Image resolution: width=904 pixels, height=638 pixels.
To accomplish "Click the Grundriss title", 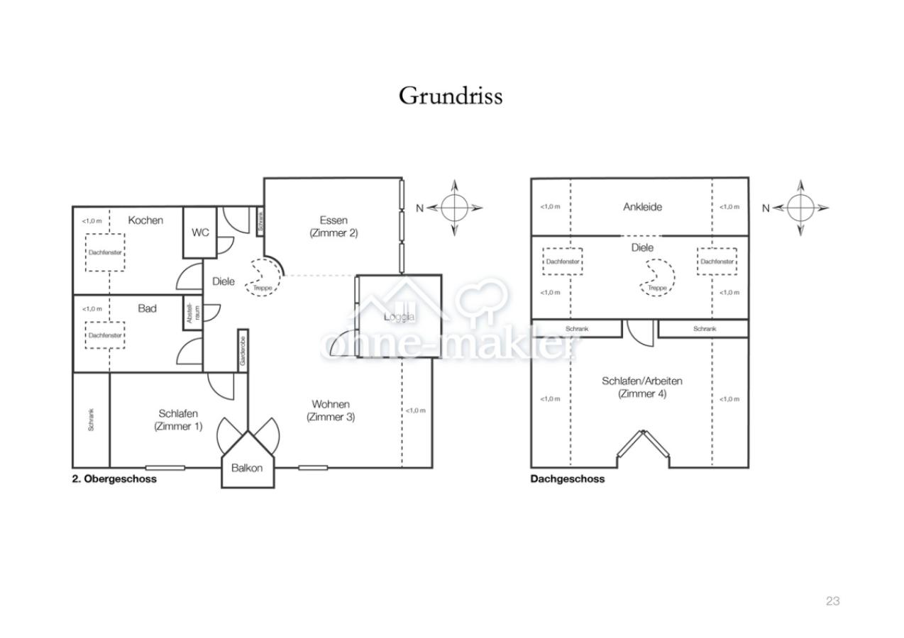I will click(x=451, y=96).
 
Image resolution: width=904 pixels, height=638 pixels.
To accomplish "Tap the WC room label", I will click(x=201, y=233).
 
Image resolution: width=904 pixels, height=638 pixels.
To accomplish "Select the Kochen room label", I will click(x=145, y=220).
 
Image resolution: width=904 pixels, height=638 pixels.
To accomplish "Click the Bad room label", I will click(x=147, y=308).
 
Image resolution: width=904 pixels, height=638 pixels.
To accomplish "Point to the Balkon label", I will click(x=247, y=468).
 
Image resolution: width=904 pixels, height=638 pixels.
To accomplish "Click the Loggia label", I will click(x=399, y=317).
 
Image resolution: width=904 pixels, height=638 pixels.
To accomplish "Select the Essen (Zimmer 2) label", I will click(x=334, y=226).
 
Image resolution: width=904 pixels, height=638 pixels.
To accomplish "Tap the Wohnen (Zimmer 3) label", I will click(x=331, y=410).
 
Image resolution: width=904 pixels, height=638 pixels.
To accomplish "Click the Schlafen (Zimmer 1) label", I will click(x=178, y=420).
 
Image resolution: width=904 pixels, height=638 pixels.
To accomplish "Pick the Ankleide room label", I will click(x=642, y=207).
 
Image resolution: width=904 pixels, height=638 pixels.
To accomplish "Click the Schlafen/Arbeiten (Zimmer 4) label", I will click(x=642, y=387).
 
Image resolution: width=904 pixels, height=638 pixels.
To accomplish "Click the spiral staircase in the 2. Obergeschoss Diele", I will click(x=264, y=277).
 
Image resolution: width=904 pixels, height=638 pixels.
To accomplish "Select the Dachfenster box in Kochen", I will click(x=105, y=252).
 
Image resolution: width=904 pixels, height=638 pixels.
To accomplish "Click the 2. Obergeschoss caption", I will click(x=114, y=479).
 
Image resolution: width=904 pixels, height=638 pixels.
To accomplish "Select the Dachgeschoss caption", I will click(x=568, y=479).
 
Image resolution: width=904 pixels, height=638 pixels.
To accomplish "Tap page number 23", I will click(x=832, y=601).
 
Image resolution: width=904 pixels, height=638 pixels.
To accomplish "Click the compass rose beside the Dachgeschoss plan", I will click(x=800, y=208).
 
